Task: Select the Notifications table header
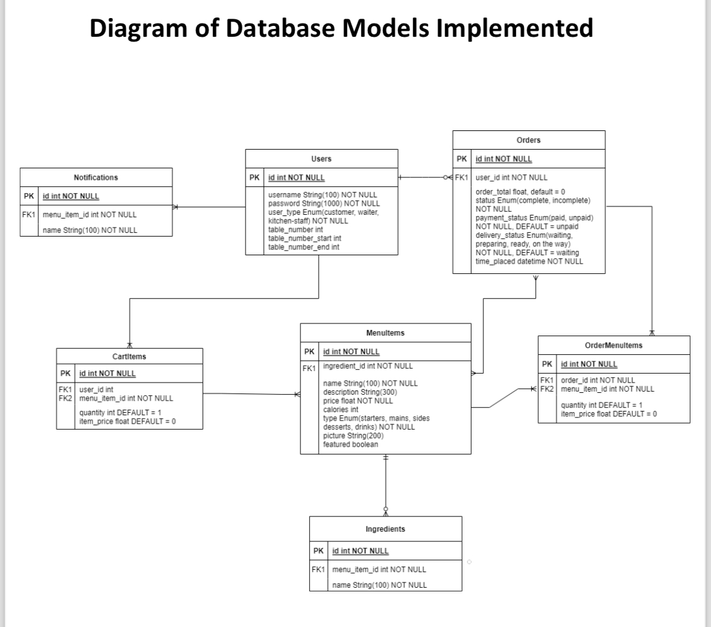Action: [x=96, y=177]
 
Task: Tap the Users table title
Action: [x=321, y=159]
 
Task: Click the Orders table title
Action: [x=528, y=140]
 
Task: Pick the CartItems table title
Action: [x=129, y=357]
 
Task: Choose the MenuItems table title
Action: [x=385, y=333]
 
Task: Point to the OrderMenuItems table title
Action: [x=613, y=346]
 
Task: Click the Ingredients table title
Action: [x=385, y=529]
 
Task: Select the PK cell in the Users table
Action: [x=254, y=177]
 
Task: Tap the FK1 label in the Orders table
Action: [x=461, y=177]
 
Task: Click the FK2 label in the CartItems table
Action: [x=65, y=398]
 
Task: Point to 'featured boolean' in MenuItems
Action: [x=350, y=445]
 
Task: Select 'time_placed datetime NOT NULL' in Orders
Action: [x=529, y=261]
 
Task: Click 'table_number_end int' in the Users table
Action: [x=303, y=247]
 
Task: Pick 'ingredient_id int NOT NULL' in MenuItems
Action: [x=368, y=366]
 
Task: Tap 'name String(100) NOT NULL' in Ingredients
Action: [x=379, y=585]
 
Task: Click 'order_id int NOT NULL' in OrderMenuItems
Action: [x=598, y=380]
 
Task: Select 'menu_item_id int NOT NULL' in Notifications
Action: [x=89, y=214]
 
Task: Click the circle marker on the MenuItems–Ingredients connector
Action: [x=386, y=508]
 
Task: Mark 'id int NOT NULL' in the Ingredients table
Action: [x=361, y=551]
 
